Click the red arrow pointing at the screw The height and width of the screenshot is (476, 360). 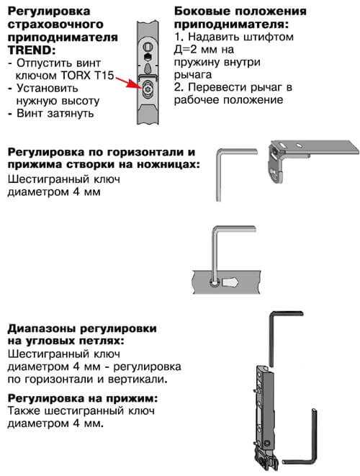127,81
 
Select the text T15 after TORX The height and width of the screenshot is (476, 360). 104,76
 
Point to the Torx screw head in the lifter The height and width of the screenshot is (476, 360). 148,89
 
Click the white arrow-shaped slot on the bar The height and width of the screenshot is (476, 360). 230,282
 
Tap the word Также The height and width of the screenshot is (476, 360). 24,411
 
